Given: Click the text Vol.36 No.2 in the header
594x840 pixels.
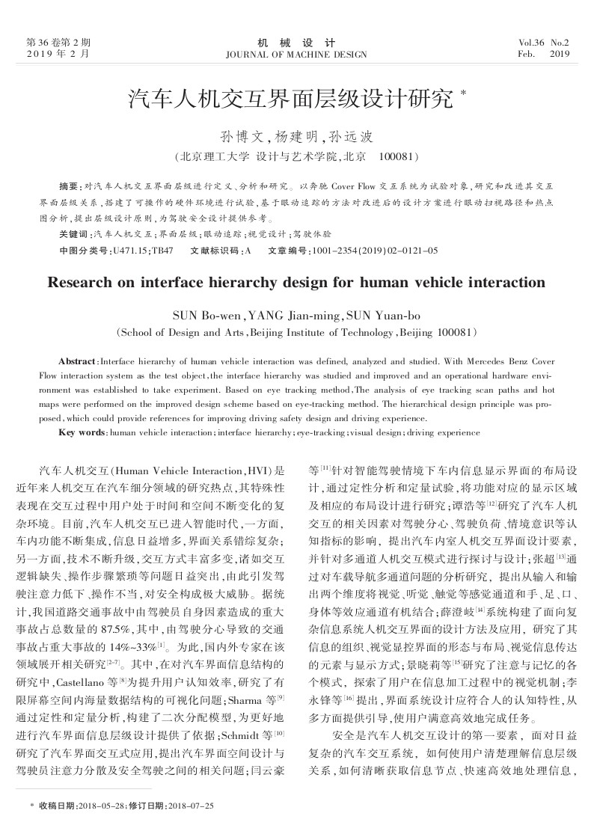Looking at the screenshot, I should [x=544, y=43].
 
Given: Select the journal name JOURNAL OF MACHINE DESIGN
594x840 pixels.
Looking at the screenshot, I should [x=296, y=55].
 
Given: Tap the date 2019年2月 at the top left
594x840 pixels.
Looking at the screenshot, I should [x=57, y=55].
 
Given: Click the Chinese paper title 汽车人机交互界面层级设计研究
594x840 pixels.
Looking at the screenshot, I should [x=291, y=98].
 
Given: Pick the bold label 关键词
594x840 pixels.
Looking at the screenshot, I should [x=72, y=234].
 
